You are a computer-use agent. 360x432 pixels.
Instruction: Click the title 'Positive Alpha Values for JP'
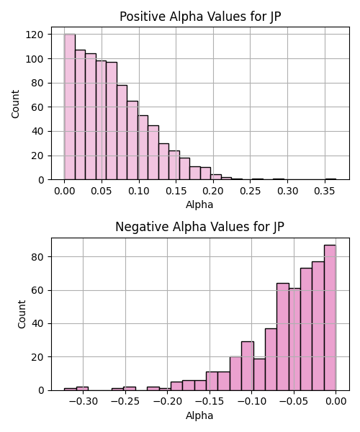tap(200, 17)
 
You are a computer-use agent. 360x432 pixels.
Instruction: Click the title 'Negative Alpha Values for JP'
tap(199, 227)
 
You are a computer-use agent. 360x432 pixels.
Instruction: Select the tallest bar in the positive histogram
tap(70, 107)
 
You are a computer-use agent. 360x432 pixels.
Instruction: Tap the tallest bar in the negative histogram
tap(330, 318)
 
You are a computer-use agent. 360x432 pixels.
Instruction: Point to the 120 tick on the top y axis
tap(35, 35)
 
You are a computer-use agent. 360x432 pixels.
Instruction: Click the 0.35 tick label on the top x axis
tap(325, 191)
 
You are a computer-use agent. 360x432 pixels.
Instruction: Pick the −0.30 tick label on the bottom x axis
tap(84, 402)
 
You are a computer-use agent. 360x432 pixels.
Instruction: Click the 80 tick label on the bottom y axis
tap(37, 257)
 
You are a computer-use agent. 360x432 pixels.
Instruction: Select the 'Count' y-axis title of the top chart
tap(15, 104)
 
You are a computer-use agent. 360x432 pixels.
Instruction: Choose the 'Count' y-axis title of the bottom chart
tap(22, 315)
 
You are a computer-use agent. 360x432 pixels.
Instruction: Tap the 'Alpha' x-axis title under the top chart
tap(199, 204)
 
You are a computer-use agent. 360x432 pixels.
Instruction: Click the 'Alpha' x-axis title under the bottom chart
tap(199, 415)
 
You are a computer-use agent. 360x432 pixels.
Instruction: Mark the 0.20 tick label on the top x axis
tap(213, 191)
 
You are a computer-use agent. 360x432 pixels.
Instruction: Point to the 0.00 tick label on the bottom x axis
tap(336, 402)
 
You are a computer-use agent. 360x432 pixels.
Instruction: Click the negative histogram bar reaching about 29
tap(248, 366)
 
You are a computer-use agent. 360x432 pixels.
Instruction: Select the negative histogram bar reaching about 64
tap(283, 337)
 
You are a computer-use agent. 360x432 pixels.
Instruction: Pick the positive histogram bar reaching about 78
tap(122, 132)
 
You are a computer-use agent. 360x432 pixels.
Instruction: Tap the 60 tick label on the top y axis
tap(37, 107)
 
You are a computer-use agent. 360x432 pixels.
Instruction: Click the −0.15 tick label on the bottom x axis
tap(210, 402)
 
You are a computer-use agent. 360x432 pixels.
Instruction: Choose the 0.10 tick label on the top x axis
tap(139, 191)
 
